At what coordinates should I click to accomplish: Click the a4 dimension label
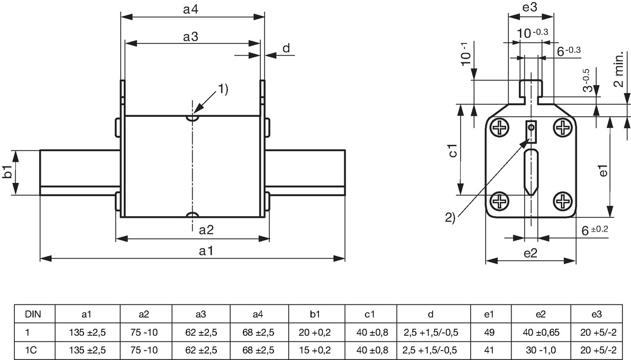click(x=190, y=10)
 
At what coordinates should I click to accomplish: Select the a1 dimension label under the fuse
click(x=206, y=251)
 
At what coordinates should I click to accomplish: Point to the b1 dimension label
click(x=7, y=172)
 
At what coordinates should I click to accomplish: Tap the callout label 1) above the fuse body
click(x=223, y=89)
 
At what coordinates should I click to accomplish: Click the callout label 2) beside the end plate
click(x=450, y=218)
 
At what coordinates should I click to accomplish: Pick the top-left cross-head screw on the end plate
click(x=499, y=128)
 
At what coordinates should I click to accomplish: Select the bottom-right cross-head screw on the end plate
click(x=562, y=201)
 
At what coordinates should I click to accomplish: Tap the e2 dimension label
click(x=531, y=253)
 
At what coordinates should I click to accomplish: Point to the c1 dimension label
click(x=453, y=150)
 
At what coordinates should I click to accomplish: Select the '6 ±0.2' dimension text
click(x=595, y=230)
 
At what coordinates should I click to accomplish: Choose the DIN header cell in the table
click(x=33, y=313)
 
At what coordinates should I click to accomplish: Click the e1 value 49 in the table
click(x=489, y=333)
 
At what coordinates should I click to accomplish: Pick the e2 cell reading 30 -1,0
click(x=541, y=350)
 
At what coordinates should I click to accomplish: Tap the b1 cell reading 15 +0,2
click(x=315, y=350)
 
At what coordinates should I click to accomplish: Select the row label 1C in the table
click(x=31, y=350)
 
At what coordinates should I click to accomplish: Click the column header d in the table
click(x=431, y=313)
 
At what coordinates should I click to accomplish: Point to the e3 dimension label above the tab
click(x=530, y=7)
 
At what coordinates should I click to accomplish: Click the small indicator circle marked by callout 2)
click(x=531, y=127)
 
